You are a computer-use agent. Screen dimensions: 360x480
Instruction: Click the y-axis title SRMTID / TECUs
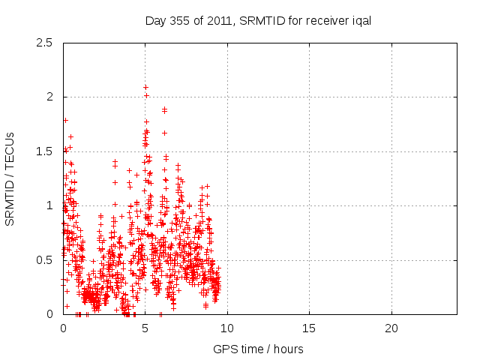pyautogui.click(x=10, y=178)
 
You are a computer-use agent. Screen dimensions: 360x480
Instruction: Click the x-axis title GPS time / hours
pyautogui.click(x=259, y=349)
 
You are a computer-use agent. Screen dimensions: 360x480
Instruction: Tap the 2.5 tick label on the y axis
pyautogui.click(x=44, y=43)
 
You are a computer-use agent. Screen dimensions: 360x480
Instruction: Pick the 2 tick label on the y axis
pyautogui.click(x=49, y=97)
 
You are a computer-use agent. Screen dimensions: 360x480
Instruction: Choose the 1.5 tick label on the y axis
pyautogui.click(x=44, y=151)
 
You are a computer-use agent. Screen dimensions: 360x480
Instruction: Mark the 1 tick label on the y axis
pyautogui.click(x=49, y=205)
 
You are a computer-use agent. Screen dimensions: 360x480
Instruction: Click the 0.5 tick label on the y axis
pyautogui.click(x=44, y=259)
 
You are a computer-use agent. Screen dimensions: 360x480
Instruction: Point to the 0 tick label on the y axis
pyautogui.click(x=49, y=313)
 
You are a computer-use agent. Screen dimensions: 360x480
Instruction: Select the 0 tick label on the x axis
pyautogui.click(x=63, y=328)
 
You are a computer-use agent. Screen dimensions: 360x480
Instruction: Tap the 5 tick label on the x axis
pyautogui.click(x=145, y=328)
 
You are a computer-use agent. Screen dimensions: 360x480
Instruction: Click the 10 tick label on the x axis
pyautogui.click(x=227, y=328)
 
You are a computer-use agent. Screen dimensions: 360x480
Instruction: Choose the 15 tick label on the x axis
pyautogui.click(x=309, y=328)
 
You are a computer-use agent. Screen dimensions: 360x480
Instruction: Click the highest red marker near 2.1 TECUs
pyautogui.click(x=145, y=87)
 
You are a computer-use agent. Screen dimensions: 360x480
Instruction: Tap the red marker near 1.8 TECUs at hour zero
pyautogui.click(x=65, y=120)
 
